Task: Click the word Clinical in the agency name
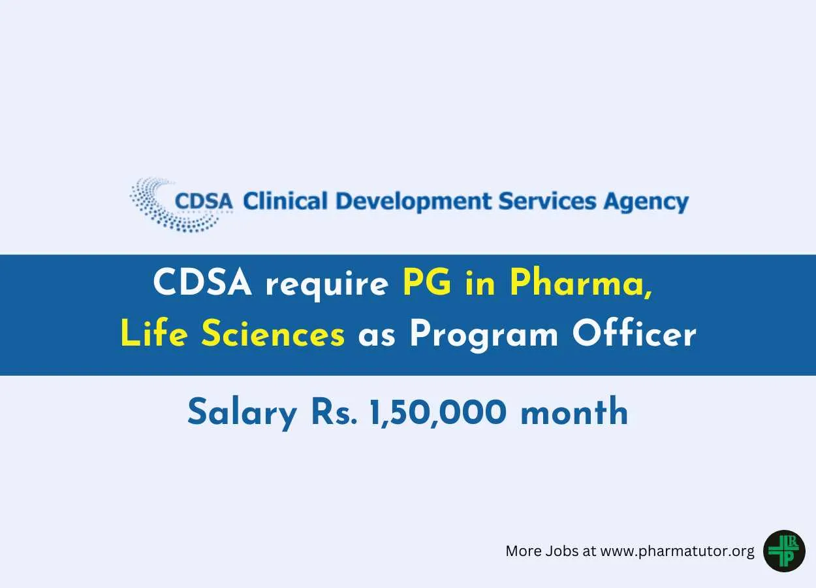pyautogui.click(x=285, y=201)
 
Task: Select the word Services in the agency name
pyautogui.click(x=547, y=201)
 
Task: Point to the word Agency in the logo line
pyautogui.click(x=646, y=203)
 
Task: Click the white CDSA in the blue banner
pyautogui.click(x=202, y=283)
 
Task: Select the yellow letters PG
pyautogui.click(x=426, y=283)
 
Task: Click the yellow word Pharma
pyautogui.click(x=580, y=284)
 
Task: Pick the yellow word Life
pyautogui.click(x=154, y=333)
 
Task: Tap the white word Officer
pyautogui.click(x=635, y=333)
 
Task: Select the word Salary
pyautogui.click(x=242, y=414)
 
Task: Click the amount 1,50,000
pyautogui.click(x=438, y=413)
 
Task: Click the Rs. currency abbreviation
pyautogui.click(x=334, y=412)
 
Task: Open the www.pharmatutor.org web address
pyautogui.click(x=677, y=551)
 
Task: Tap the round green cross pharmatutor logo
pyautogui.click(x=784, y=551)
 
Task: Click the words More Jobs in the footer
pyautogui.click(x=542, y=551)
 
